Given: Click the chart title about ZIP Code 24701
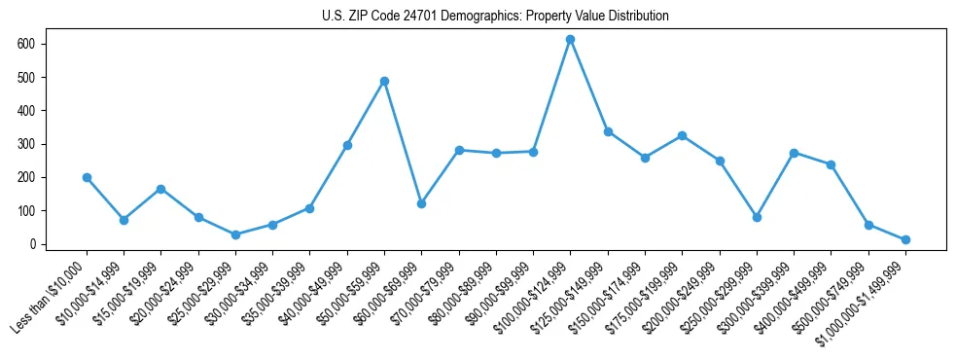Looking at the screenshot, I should pos(495,17).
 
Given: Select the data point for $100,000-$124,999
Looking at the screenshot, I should pos(571,39).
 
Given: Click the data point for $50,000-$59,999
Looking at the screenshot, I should pos(384,81).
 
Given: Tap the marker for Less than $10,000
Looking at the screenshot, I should pos(87,177).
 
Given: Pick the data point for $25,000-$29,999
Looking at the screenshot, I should pos(235,234).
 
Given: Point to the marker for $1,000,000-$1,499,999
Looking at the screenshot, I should pos(905,239).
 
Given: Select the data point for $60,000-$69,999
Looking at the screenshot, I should pos(421,203).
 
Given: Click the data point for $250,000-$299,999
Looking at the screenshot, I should pos(757,217).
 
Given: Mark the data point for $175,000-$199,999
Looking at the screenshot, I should pos(682,135).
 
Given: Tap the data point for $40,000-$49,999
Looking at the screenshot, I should pos(347,145).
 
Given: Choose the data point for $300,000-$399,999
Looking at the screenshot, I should pos(794,153).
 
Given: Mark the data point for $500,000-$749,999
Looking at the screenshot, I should pos(868,225).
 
